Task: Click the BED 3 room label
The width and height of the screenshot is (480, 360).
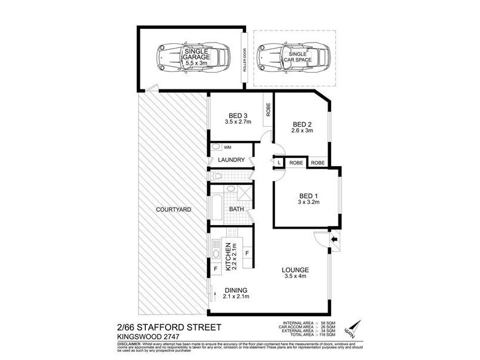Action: point(238,116)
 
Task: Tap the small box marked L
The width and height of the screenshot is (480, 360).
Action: point(279,162)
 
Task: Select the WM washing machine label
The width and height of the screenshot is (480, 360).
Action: point(227,147)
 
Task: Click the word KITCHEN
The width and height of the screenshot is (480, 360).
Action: point(227,256)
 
